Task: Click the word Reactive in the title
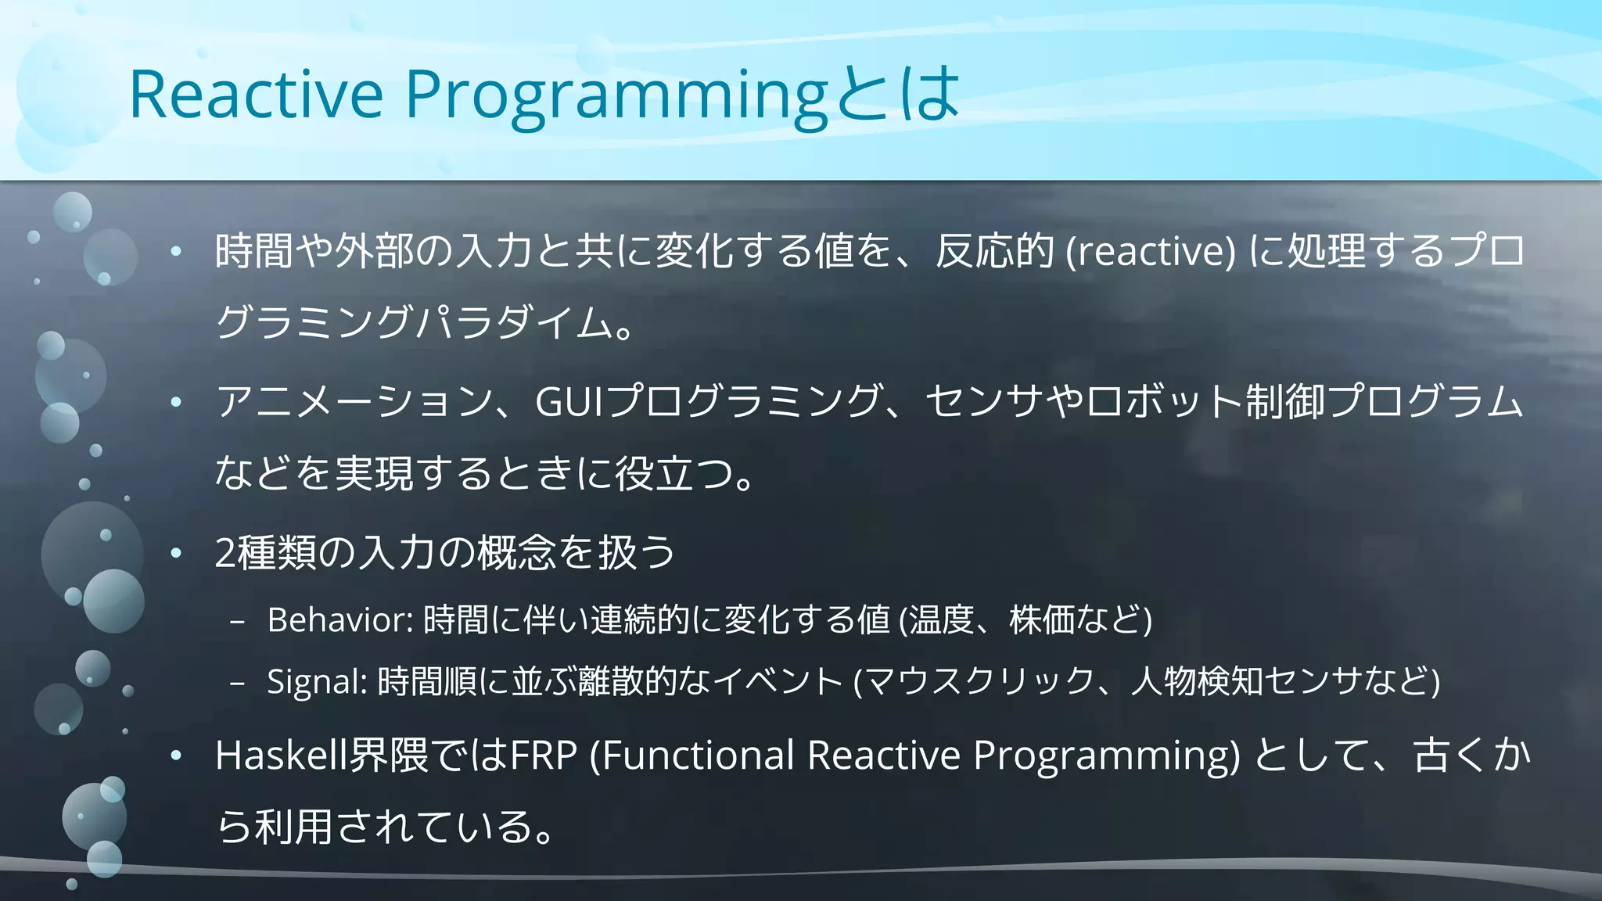tap(256, 94)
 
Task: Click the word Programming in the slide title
tap(616, 95)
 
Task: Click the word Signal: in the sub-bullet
tap(317, 681)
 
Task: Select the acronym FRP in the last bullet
tap(544, 756)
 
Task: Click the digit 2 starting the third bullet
tap(225, 553)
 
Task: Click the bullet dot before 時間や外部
tap(176, 251)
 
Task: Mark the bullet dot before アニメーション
tap(176, 402)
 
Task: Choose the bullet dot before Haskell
tap(176, 756)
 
